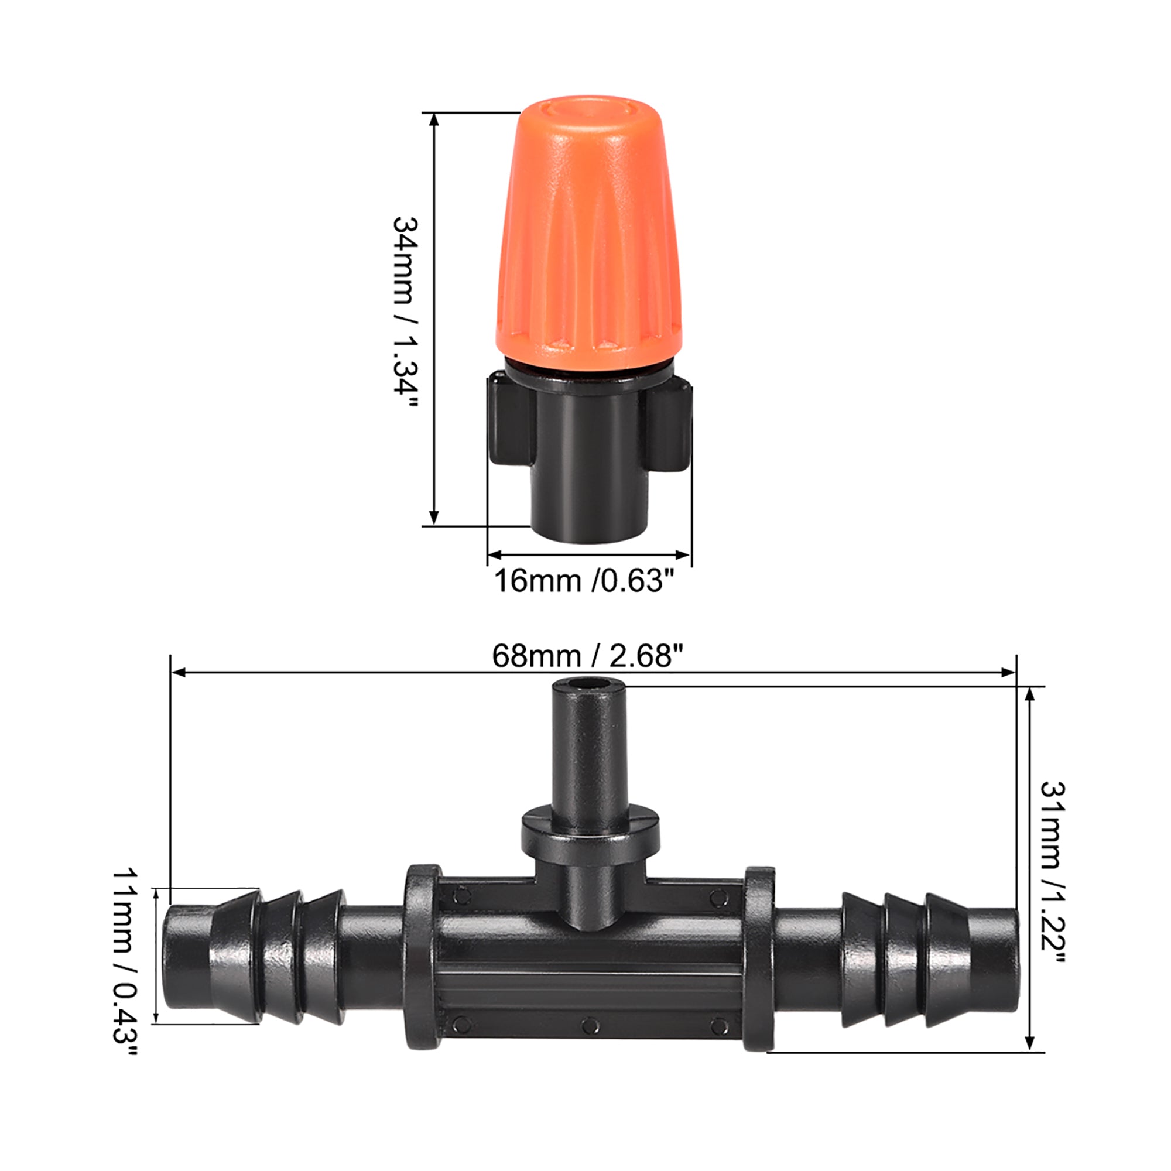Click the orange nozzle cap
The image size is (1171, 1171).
tap(588, 242)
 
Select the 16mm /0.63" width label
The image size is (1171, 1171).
tap(584, 581)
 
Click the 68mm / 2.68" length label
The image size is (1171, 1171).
tap(587, 656)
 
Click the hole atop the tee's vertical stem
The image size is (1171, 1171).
tap(587, 687)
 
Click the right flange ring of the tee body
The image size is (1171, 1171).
tap(759, 958)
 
